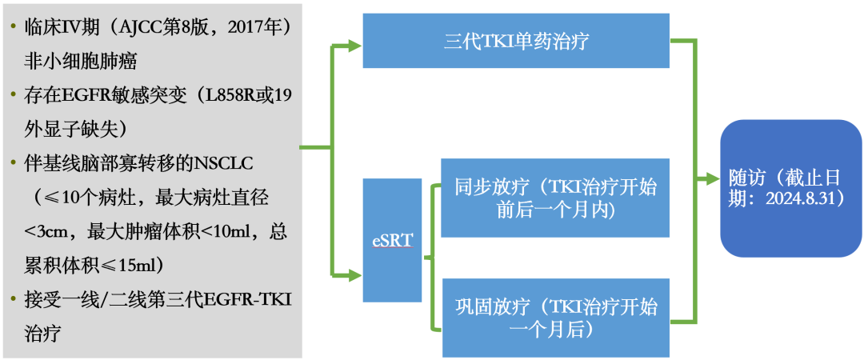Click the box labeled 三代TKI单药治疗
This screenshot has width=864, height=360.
[x=516, y=42]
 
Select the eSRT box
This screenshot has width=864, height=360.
[x=392, y=240]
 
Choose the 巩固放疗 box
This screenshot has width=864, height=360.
[x=555, y=317]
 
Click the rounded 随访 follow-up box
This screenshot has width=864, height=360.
[x=790, y=188]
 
